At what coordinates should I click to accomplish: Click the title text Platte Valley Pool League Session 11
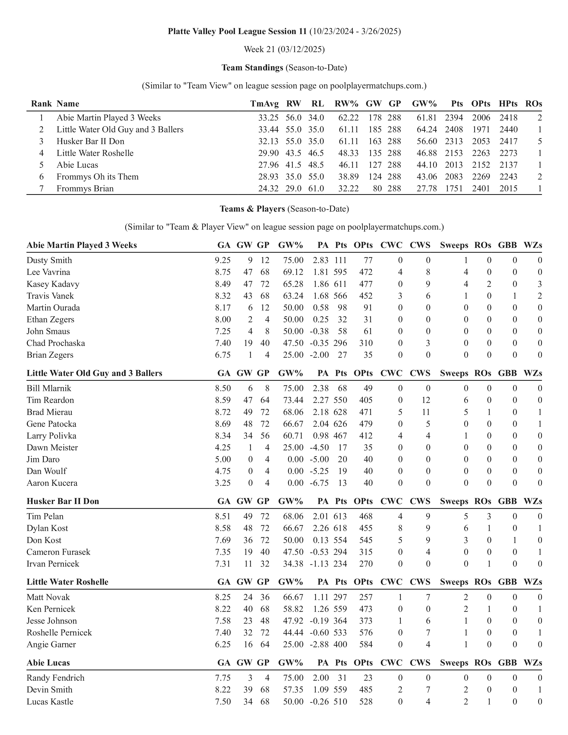(x=237, y=31)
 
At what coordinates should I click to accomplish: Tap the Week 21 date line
(x=284, y=49)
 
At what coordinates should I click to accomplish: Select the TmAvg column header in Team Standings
(x=264, y=104)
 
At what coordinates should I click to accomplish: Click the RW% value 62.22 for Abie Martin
(x=348, y=118)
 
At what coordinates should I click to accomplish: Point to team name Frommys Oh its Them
(x=98, y=177)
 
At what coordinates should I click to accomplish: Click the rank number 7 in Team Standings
(x=41, y=188)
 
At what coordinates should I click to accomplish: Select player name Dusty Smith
(x=49, y=260)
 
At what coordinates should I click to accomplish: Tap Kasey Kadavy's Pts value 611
(x=341, y=284)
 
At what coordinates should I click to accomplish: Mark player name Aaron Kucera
(x=52, y=483)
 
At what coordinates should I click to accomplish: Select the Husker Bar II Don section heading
(x=63, y=501)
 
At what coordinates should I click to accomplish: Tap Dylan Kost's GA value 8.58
(x=223, y=528)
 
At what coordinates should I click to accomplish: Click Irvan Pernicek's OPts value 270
(x=366, y=564)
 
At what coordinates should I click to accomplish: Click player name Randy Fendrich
(x=55, y=678)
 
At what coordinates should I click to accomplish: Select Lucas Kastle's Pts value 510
(x=341, y=702)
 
